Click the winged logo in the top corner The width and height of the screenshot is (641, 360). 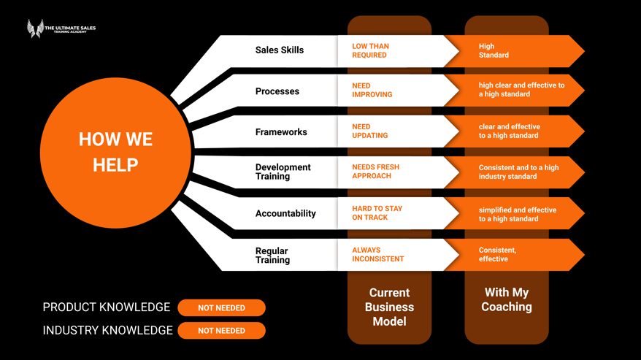click(35, 28)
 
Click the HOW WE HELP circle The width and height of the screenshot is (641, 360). click(115, 152)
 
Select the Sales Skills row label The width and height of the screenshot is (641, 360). click(280, 50)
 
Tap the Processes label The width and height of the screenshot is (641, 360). click(277, 91)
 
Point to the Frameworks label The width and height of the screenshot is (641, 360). click(281, 132)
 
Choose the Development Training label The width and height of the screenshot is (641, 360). click(283, 172)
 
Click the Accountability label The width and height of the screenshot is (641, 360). click(285, 213)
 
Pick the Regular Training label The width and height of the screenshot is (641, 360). click(272, 255)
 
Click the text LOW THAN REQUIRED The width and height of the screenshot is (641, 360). click(370, 50)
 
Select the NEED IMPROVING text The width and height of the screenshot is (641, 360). click(372, 90)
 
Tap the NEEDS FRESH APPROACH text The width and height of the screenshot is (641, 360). click(375, 172)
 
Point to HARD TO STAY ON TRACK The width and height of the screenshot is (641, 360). click(377, 212)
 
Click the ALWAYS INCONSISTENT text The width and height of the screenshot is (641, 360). click(377, 254)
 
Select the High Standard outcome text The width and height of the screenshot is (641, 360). click(494, 50)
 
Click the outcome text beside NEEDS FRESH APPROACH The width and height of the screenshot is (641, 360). click(518, 172)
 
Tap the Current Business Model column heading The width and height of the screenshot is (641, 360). click(389, 307)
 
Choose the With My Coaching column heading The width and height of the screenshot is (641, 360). click(507, 299)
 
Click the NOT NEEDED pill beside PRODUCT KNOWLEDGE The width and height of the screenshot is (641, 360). click(221, 308)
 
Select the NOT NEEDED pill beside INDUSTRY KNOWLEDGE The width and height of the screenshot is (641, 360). click(221, 331)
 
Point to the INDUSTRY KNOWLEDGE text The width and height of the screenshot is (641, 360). click(107, 331)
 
